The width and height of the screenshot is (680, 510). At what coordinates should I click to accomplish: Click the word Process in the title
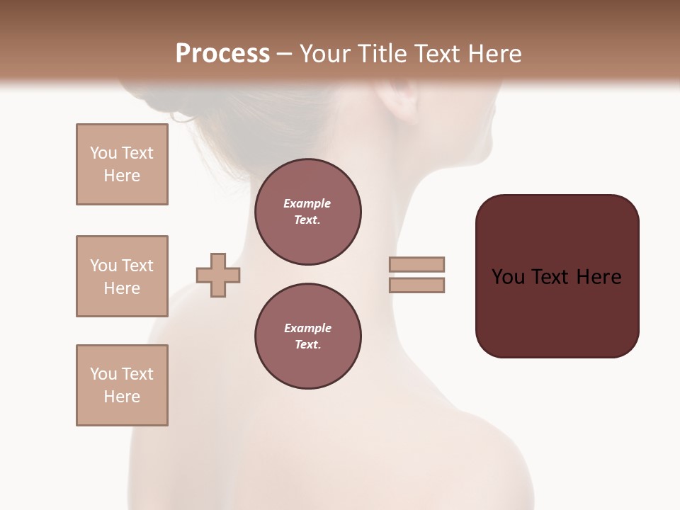pos(222,54)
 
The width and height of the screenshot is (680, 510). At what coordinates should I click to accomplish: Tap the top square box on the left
pos(122,164)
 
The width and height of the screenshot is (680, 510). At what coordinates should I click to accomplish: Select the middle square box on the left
pos(122,276)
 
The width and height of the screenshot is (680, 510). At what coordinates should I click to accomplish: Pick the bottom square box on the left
pos(122,385)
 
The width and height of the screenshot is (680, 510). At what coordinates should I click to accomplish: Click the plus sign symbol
pos(218,275)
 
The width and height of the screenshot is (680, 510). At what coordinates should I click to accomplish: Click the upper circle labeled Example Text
pos(307,212)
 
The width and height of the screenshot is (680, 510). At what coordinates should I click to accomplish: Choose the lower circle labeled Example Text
pos(307,336)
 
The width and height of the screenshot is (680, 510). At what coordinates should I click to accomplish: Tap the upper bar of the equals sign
pos(416,264)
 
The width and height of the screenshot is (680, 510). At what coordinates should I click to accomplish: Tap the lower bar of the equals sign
pos(416,285)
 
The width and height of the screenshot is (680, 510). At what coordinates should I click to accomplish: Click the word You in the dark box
pos(509,277)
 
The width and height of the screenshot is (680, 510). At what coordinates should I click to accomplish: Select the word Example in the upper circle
pos(307,203)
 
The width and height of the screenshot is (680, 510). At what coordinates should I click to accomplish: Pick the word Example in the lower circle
pos(307,328)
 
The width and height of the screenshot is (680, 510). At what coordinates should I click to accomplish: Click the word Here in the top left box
pos(122,176)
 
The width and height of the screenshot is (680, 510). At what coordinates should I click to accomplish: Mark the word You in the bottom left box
pos(103,374)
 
